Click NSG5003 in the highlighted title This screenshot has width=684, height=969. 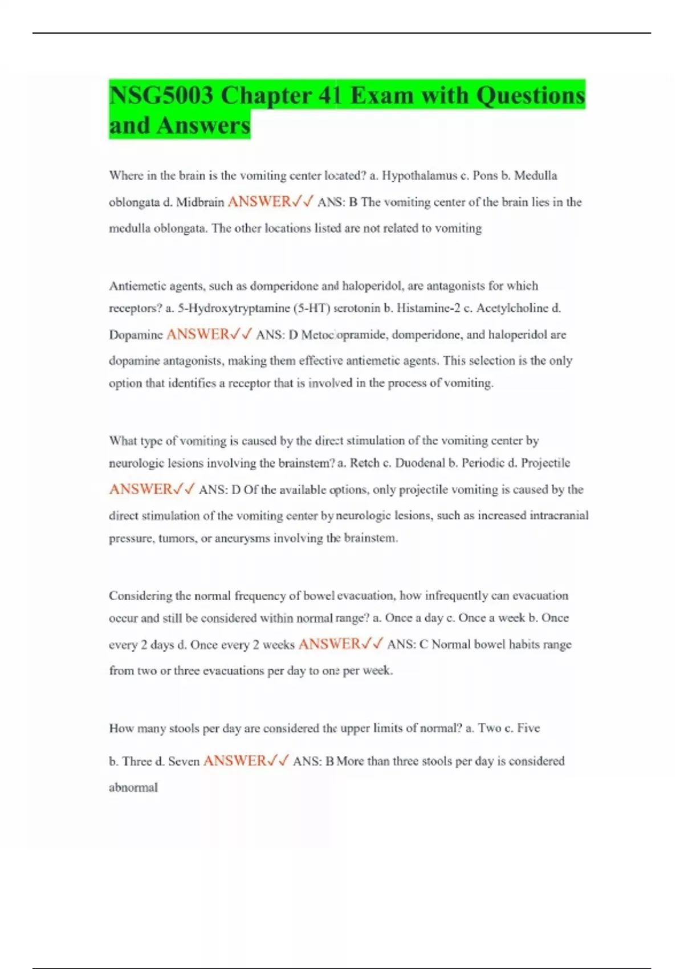coord(161,95)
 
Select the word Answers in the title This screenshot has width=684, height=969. coord(203,125)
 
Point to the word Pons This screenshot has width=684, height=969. coord(486,176)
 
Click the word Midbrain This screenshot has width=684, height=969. coord(200,202)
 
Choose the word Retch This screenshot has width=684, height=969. coord(364,463)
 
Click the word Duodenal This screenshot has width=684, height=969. coord(420,463)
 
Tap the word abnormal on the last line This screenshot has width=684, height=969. coord(133,788)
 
